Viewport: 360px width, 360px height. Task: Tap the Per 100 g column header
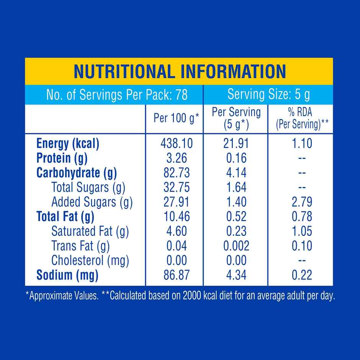pyautogui.click(x=176, y=118)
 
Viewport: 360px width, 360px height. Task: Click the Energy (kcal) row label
pyautogui.click(x=68, y=144)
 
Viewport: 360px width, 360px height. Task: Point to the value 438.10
pyautogui.click(x=177, y=144)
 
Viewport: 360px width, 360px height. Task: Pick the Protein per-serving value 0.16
pyautogui.click(x=236, y=158)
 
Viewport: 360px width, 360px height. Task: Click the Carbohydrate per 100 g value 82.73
pyautogui.click(x=177, y=173)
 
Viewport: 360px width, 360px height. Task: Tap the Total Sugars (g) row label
pyautogui.click(x=88, y=187)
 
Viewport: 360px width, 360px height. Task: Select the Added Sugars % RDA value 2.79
pyautogui.click(x=302, y=202)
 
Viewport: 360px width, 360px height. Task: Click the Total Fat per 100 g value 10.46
pyautogui.click(x=177, y=216)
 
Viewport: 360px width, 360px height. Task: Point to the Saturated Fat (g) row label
pyautogui.click(x=90, y=231)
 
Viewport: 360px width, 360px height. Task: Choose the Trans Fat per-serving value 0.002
pyautogui.click(x=236, y=245)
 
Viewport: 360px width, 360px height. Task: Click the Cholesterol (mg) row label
pyautogui.click(x=90, y=260)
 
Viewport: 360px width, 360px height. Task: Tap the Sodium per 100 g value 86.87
pyautogui.click(x=177, y=275)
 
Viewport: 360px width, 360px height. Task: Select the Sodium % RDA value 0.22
pyautogui.click(x=302, y=275)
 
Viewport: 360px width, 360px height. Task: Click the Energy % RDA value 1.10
pyautogui.click(x=302, y=144)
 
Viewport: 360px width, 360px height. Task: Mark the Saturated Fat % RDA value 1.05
pyautogui.click(x=302, y=231)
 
